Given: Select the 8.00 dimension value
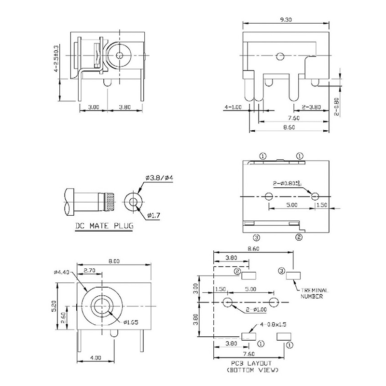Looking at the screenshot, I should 114,261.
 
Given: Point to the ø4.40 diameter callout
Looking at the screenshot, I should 63,271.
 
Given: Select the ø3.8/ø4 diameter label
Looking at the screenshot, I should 155,179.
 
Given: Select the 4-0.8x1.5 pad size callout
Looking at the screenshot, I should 275,325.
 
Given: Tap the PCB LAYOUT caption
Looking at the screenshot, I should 251,363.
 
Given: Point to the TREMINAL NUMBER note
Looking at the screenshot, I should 314,293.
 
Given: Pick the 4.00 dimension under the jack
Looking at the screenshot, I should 95,358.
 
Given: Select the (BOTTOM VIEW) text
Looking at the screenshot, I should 251,370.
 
